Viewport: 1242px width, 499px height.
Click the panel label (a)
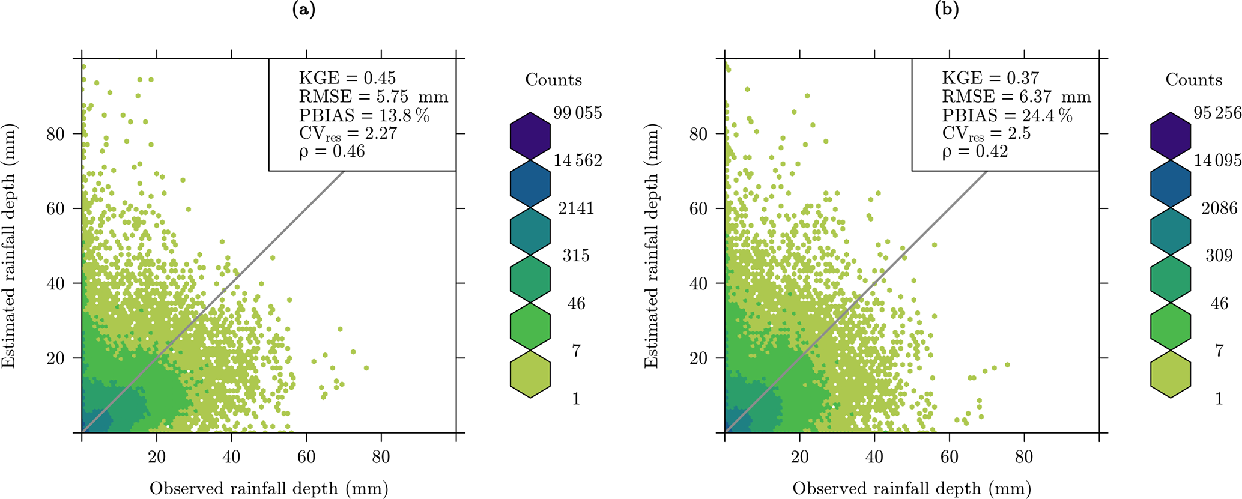coord(303,10)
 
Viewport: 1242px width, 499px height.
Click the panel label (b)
coord(947,10)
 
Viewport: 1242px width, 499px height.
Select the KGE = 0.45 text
coord(347,78)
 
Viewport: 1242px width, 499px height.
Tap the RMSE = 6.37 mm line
coord(1016,97)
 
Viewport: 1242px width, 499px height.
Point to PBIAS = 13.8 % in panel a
coord(364,115)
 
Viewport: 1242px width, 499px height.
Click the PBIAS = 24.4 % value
coord(1007,115)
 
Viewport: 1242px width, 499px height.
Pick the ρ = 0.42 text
coord(974,151)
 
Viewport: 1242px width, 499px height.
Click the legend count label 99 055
coord(577,113)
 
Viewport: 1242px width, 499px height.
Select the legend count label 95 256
coord(1217,113)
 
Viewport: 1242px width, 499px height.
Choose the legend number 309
coord(1219,256)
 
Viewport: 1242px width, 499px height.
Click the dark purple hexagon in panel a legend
coord(530,136)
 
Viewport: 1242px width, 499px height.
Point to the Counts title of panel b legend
coord(1193,80)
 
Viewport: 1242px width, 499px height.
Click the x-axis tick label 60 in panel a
coord(306,458)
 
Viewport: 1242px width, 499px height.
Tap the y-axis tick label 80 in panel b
coord(698,133)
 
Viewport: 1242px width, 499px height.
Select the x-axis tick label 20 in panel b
coord(799,458)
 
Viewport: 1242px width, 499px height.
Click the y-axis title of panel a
coord(10,246)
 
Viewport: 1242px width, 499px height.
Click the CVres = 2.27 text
coord(348,133)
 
